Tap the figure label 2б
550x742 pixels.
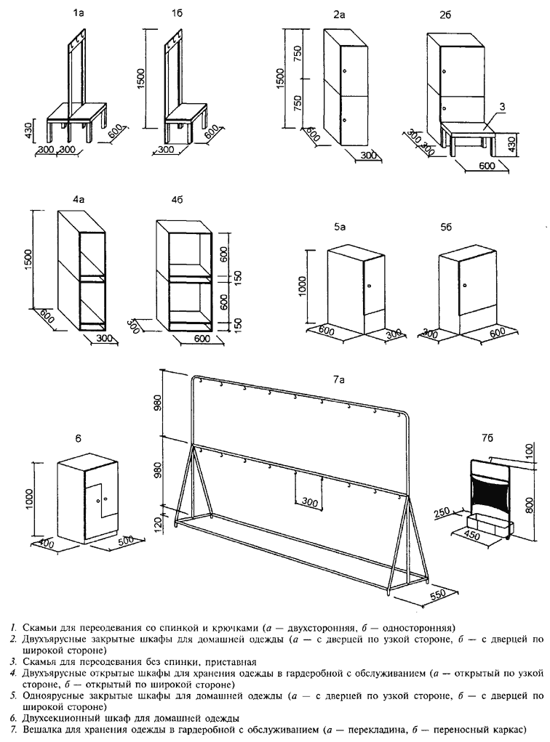[x=445, y=15]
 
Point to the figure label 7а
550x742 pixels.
[x=338, y=379]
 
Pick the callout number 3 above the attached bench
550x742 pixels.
[x=502, y=108]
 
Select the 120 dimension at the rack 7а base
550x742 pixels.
[x=159, y=523]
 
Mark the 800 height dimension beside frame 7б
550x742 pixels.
[x=530, y=505]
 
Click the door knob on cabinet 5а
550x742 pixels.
[x=368, y=286]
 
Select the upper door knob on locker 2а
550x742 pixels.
[x=344, y=71]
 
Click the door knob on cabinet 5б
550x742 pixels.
[x=465, y=286]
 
